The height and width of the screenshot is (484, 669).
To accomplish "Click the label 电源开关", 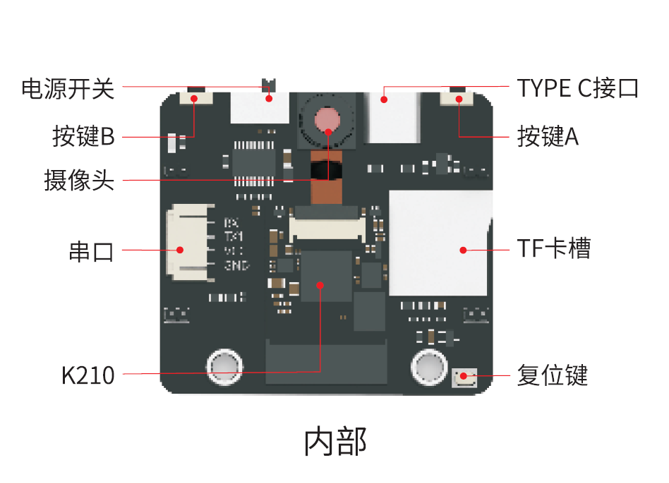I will [x=67, y=88].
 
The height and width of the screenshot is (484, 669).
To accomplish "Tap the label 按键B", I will [x=83, y=135].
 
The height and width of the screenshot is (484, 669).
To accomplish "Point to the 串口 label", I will [x=91, y=250].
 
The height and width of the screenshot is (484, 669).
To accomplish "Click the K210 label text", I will [x=88, y=375].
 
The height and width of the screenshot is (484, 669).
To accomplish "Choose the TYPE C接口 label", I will [x=577, y=88].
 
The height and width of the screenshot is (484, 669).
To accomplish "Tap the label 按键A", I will [x=548, y=135].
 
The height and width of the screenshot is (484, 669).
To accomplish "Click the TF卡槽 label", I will [x=553, y=248].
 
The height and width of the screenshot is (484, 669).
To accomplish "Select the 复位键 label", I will [x=552, y=375].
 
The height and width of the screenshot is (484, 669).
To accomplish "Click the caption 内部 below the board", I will [x=335, y=442].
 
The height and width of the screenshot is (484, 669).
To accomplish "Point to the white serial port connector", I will [x=185, y=240].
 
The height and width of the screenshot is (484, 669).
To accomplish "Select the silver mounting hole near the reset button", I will [x=429, y=367].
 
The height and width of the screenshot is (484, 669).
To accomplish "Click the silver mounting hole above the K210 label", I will [x=225, y=365].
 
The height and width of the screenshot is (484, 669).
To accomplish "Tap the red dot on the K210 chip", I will [x=320, y=285].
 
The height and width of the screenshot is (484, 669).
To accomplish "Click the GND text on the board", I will [x=236, y=266].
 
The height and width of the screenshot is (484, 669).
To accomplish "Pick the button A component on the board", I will [x=458, y=98].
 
